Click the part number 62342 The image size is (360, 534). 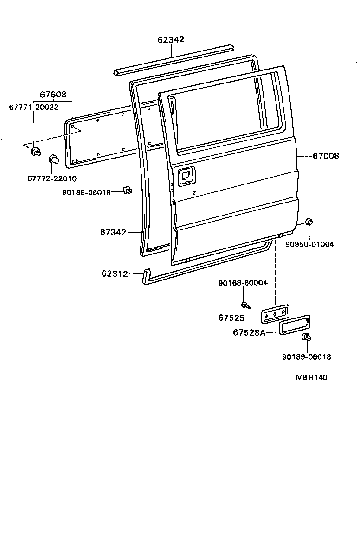[x=171, y=40]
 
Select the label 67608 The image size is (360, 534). [x=53, y=95]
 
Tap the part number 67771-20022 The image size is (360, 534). [x=34, y=107]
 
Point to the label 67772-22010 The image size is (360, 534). [x=52, y=178]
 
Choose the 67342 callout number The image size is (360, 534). [x=113, y=232]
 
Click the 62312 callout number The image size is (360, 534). [x=115, y=274]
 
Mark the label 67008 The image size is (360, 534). [x=325, y=156]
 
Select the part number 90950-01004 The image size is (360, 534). [x=309, y=244]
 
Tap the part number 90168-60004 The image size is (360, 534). [x=243, y=282]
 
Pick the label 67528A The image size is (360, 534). [x=249, y=332]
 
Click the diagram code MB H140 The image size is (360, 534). [x=311, y=377]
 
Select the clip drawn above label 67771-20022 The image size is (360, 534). [x=35, y=151]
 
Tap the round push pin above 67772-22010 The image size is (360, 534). [x=54, y=160]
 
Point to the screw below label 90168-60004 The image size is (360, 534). [x=244, y=305]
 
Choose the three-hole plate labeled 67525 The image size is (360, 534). [x=275, y=314]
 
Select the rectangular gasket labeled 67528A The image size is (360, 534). [x=295, y=324]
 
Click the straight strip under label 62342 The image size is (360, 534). [x=173, y=59]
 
